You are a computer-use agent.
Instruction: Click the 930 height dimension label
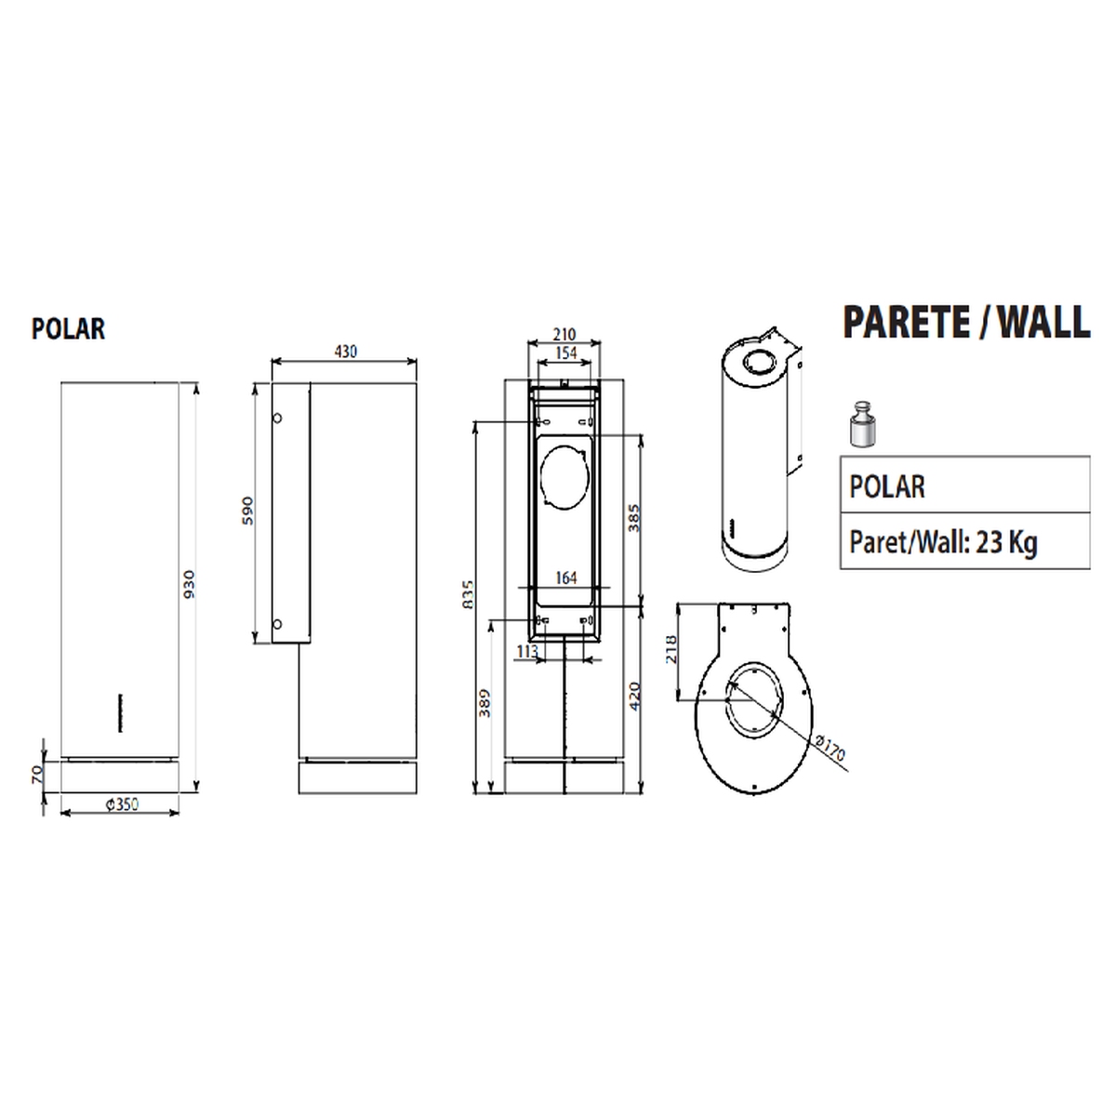coord(189,584)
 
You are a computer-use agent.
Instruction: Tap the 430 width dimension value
coord(346,352)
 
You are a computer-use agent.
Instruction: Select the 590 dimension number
coord(247,511)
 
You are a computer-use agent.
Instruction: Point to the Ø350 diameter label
coord(122,804)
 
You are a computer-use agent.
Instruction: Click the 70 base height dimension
coord(36,773)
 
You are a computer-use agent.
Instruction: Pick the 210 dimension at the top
coord(565,334)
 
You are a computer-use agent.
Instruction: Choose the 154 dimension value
coord(565,352)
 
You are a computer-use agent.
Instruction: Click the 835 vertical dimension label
coord(468,594)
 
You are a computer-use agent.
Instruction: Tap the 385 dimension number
coord(634,518)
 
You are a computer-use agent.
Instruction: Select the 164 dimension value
coord(565,578)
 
